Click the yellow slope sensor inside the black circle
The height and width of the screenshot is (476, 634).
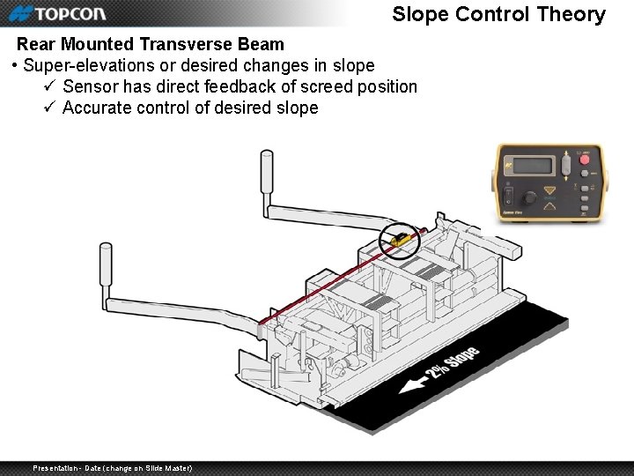pyautogui.click(x=399, y=237)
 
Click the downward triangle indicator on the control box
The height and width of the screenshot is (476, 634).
pyautogui.click(x=551, y=190)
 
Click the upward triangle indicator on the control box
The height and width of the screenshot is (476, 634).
pyautogui.click(x=551, y=206)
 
